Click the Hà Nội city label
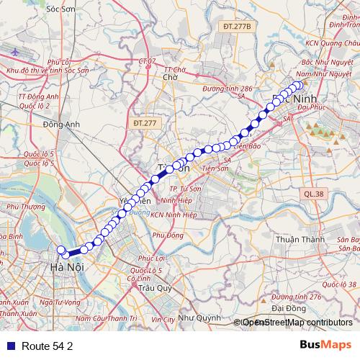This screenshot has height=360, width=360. point(65,268)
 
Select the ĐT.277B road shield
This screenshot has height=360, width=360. point(236,27)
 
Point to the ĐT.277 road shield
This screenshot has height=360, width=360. point(145,124)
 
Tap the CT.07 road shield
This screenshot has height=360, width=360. point(146,62)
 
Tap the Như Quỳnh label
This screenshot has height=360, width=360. point(199,318)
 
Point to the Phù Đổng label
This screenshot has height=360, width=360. point(168,235)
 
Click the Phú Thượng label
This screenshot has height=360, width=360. point(21,207)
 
